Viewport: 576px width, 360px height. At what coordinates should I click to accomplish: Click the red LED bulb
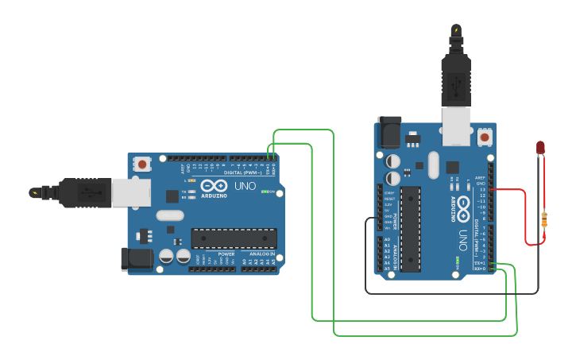[x=540, y=147]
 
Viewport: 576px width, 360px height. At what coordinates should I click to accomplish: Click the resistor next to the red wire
[x=544, y=219]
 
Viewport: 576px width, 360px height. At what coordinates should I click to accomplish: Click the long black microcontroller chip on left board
[x=234, y=238]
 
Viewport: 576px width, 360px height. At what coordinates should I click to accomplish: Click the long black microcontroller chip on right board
[x=410, y=227]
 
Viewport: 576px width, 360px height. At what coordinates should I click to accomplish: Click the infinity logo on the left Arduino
[x=214, y=185]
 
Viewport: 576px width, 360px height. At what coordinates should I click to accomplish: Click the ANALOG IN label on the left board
[x=261, y=254]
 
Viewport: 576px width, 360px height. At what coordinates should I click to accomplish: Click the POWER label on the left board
[x=226, y=254]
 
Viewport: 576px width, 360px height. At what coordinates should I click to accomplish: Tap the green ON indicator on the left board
[x=265, y=192]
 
